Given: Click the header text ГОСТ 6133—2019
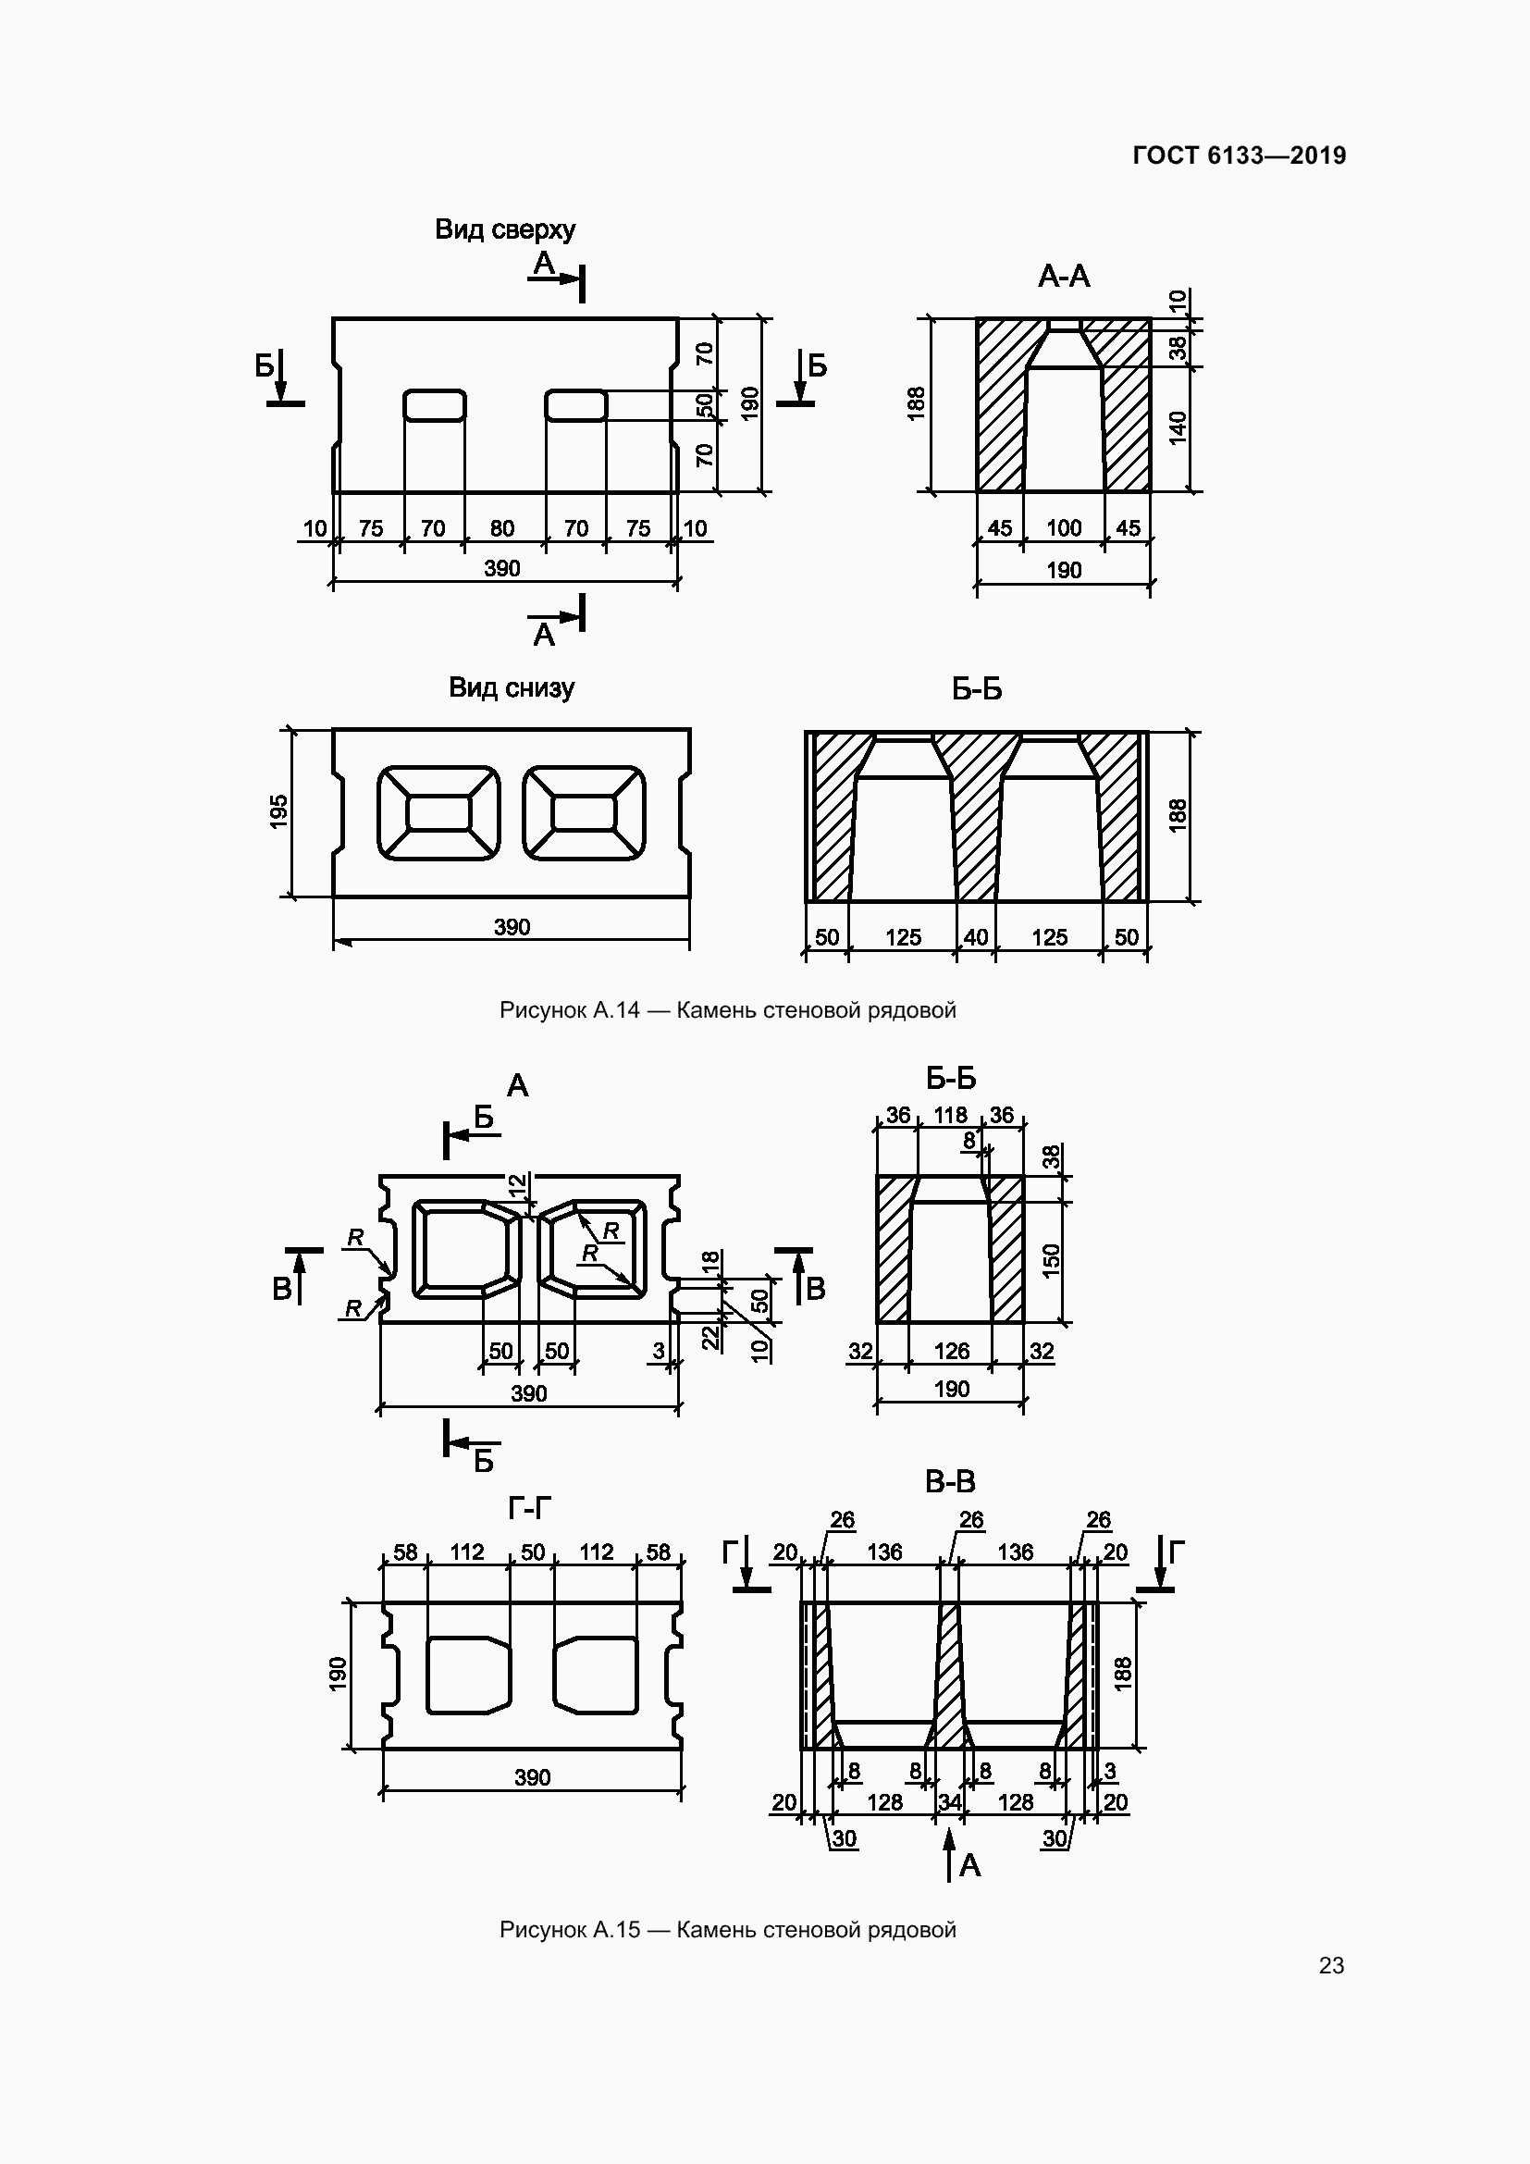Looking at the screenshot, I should tap(1239, 155).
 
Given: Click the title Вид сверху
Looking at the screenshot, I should tap(505, 229).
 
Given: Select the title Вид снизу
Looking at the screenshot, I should tap(511, 687).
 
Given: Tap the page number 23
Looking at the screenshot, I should tap(1331, 1965).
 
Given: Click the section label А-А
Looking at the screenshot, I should tap(1064, 276).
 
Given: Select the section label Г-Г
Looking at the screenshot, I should tap(528, 1509).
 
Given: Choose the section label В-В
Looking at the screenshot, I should tap(950, 1482).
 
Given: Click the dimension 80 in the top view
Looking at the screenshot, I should tap(502, 529).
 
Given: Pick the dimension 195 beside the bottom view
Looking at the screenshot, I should tap(278, 811).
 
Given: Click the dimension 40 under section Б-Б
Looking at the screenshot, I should tap(976, 937).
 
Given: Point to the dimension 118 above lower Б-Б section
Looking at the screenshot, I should tap(950, 1115).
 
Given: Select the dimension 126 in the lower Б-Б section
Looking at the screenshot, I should tap(952, 1351).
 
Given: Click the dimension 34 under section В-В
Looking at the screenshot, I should tap(950, 1802).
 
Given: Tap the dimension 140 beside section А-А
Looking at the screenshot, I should tap(1178, 428).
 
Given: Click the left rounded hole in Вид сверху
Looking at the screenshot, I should tap(435, 405).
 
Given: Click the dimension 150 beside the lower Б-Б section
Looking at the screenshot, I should tap(1052, 1260).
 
